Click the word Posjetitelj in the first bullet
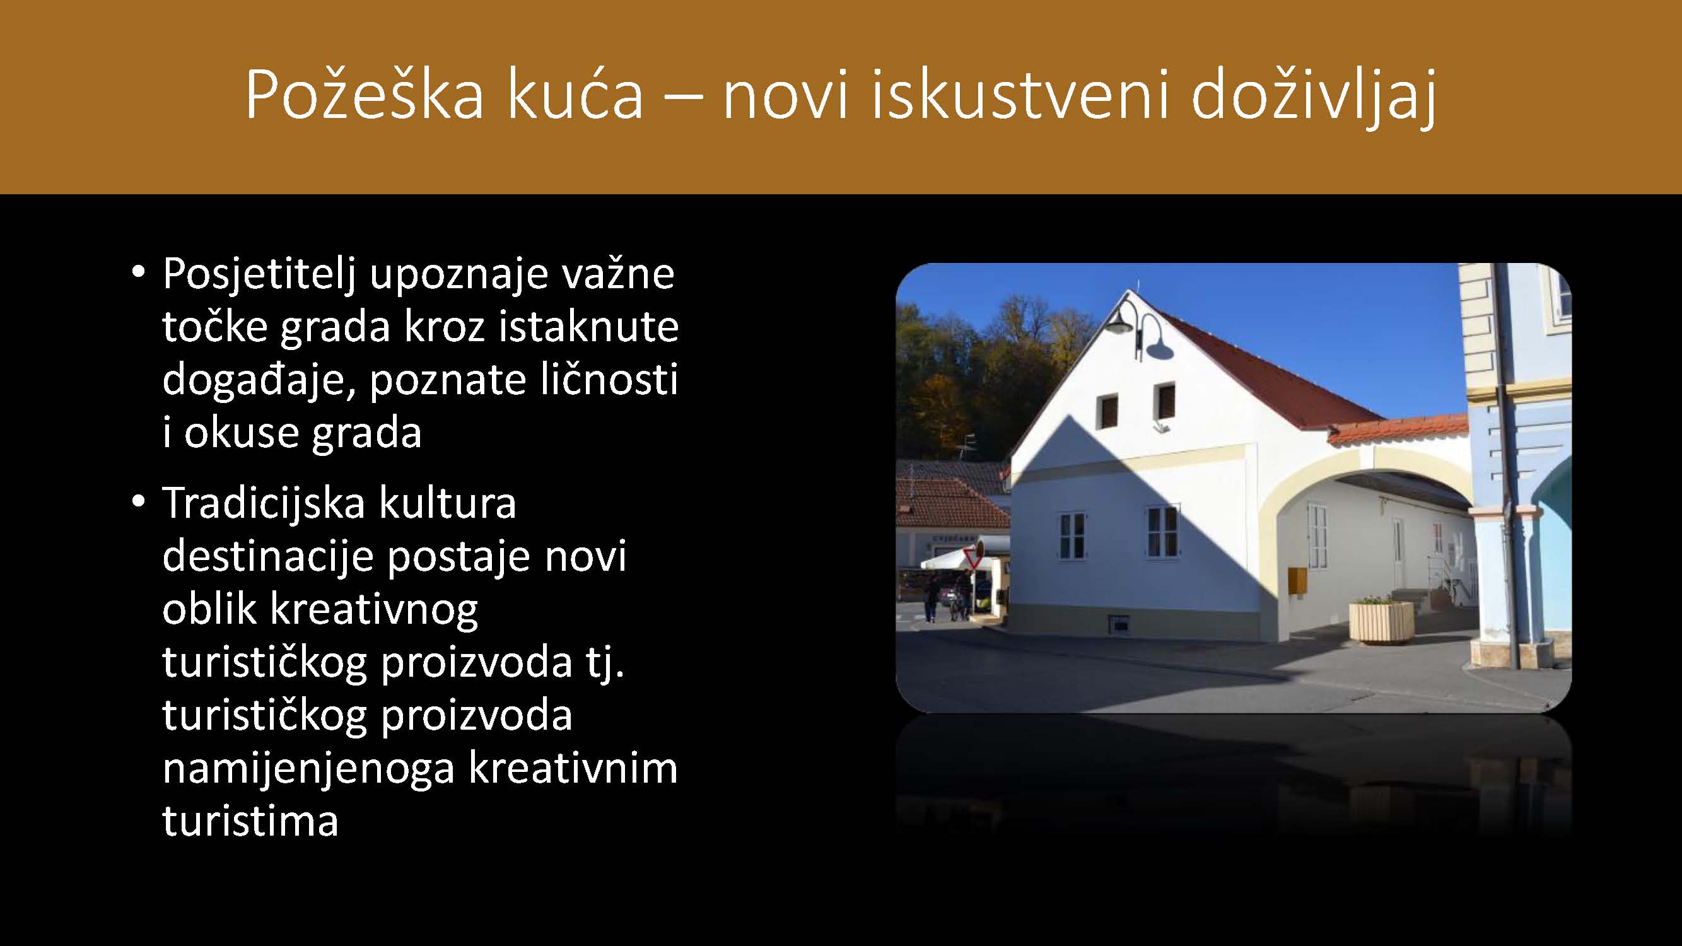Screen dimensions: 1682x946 click(259, 275)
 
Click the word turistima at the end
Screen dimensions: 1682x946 click(251, 821)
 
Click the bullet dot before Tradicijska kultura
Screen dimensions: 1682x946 click(137, 503)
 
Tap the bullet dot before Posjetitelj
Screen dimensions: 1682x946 click(137, 273)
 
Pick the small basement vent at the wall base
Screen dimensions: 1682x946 click(1119, 622)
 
